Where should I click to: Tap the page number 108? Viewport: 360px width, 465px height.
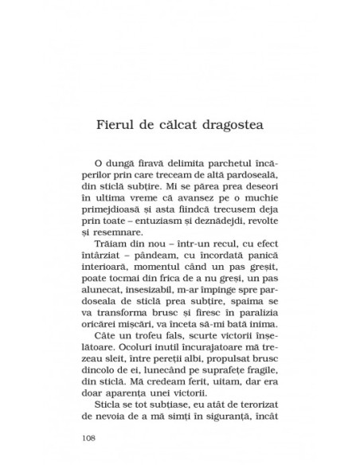pos(89,437)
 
